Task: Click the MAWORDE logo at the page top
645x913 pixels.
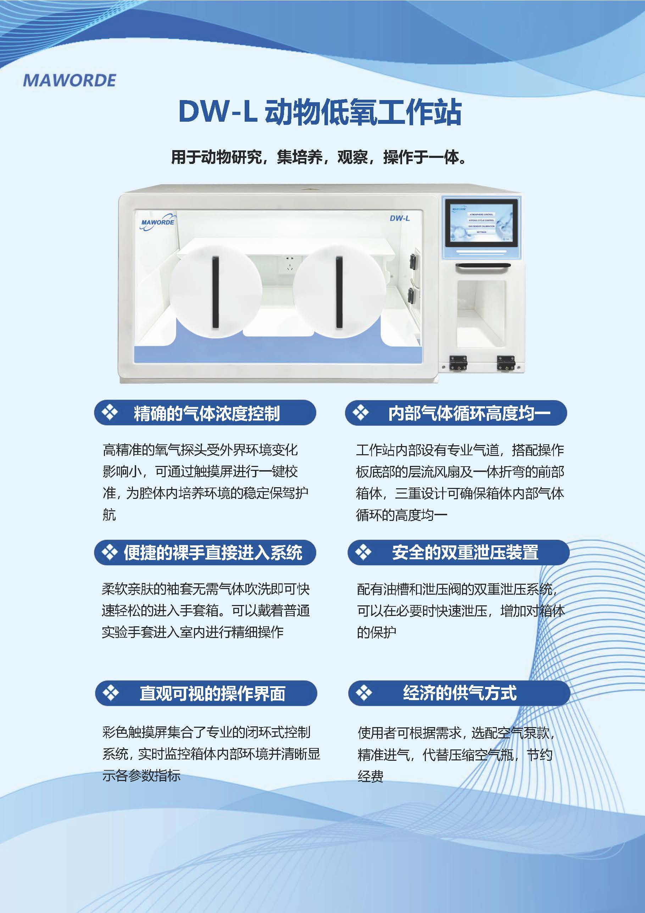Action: tap(69, 80)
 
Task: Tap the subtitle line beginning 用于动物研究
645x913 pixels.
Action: tap(319, 157)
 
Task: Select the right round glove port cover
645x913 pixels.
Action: tap(339, 291)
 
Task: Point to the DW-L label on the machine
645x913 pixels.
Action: tap(399, 218)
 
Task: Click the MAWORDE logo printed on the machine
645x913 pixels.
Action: tap(157, 223)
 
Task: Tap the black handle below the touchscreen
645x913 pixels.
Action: tap(483, 267)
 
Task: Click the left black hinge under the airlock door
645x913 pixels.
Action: tap(458, 363)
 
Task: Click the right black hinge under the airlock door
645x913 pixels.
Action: tap(506, 363)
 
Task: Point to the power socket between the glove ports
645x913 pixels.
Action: tap(289, 264)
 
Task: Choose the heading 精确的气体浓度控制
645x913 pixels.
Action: tap(207, 413)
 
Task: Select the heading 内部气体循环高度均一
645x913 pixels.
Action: tap(469, 413)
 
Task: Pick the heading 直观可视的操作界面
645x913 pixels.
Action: tap(213, 693)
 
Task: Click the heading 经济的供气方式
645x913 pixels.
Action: tap(460, 693)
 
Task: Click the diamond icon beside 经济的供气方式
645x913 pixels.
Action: tap(363, 693)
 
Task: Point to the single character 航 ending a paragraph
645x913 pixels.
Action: tap(109, 515)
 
